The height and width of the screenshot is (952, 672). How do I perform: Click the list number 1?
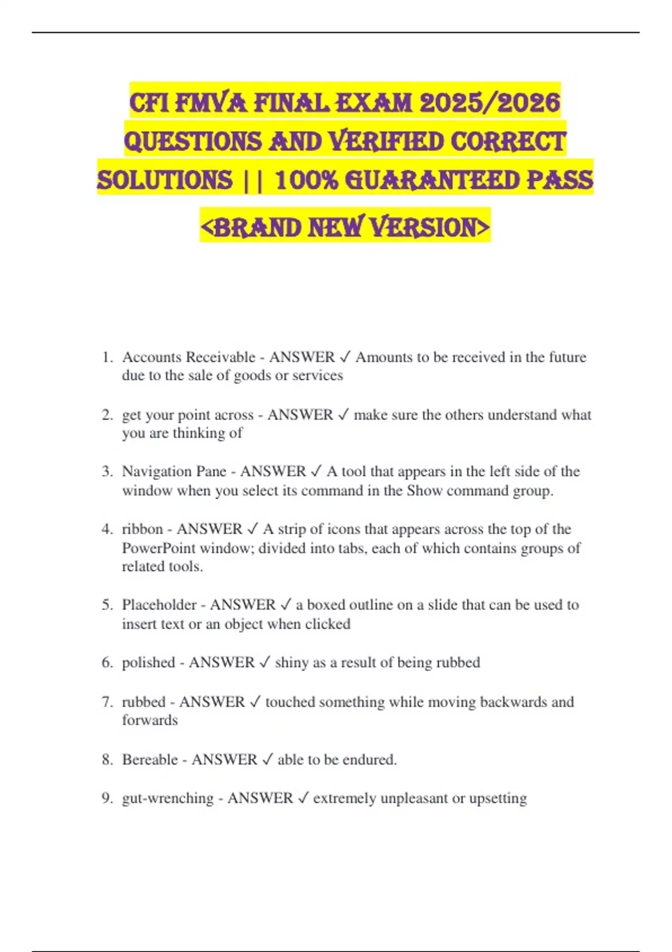coord(107,357)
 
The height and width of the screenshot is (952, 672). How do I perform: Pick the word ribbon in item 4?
coord(142,529)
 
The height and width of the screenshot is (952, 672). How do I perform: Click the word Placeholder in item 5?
coord(159,605)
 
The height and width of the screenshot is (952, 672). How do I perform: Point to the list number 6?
coord(107,662)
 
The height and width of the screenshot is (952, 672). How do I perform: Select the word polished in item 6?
coord(148,662)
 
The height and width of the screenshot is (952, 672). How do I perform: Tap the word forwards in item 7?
coord(150,720)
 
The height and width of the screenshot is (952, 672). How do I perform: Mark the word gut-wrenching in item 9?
coord(167,798)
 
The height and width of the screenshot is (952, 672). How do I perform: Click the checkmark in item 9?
coord(303,798)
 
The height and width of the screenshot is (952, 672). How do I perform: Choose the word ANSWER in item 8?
coord(224,760)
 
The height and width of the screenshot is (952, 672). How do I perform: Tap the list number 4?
coord(107,529)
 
